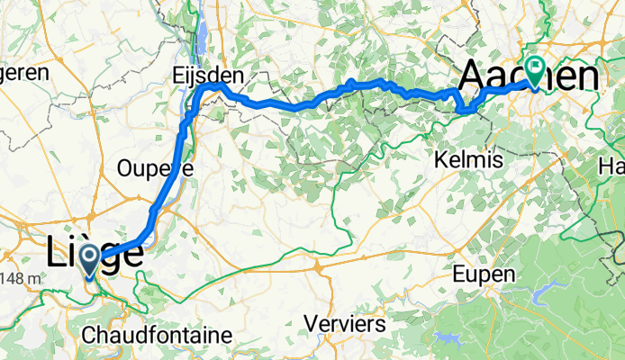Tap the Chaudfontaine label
[157, 334]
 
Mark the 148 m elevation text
[20, 278]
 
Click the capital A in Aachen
[475, 77]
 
